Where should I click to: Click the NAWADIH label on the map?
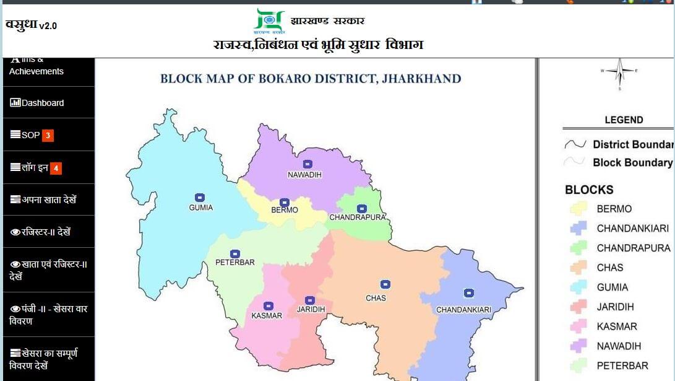[305, 175]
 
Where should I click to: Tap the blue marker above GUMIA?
[199, 197]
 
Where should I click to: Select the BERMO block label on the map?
[285, 210]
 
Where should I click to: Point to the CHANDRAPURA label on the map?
[358, 217]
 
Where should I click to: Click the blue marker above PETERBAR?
[235, 254]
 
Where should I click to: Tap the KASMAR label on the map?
[267, 315]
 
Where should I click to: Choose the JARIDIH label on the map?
[311, 309]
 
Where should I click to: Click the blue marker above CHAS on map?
[385, 284]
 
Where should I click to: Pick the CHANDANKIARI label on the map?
[463, 309]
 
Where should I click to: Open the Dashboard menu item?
[43, 103]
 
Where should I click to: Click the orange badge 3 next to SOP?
[48, 135]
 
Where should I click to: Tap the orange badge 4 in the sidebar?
[56, 168]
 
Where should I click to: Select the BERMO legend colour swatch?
[578, 209]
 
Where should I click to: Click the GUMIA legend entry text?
[612, 287]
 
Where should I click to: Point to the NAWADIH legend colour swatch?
[578, 346]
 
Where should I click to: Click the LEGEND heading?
[624, 120]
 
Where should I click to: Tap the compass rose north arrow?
[620, 64]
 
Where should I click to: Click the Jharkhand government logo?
[270, 21]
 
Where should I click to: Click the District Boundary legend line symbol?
[575, 144]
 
